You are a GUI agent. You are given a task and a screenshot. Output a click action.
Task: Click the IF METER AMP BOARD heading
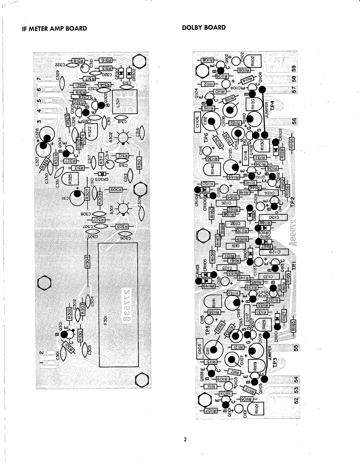pos(55,29)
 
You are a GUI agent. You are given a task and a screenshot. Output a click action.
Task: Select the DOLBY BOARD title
pos(204,28)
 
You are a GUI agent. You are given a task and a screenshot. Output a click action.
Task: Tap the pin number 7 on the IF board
pos(39,79)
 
